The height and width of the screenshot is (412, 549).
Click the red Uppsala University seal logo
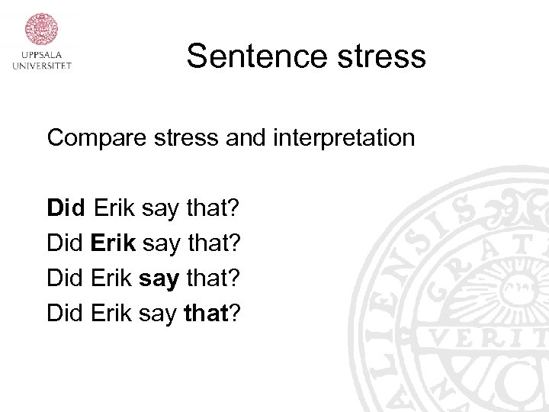pos(42,29)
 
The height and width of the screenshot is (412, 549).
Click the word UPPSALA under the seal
pos(42,55)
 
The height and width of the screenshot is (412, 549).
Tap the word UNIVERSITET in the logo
pos(42,66)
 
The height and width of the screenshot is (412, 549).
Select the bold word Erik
pos(114,243)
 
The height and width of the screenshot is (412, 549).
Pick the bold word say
pos(159,278)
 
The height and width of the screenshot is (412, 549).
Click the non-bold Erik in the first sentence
pos(114,208)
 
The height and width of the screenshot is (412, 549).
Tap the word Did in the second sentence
pos(66,243)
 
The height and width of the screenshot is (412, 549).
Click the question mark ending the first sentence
pos(236,208)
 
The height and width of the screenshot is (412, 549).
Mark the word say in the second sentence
pos(160,243)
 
